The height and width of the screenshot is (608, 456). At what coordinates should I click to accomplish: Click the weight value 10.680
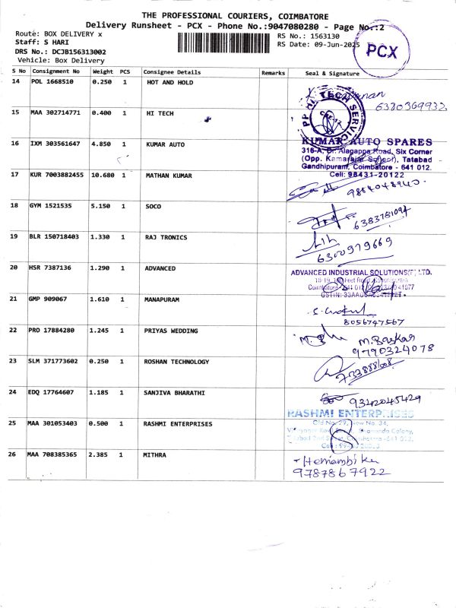click(103, 175)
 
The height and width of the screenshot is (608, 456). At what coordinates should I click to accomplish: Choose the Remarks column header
click(273, 72)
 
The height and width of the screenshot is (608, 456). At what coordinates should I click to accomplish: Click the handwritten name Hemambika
click(328, 461)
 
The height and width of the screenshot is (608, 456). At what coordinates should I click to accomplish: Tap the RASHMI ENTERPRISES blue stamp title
click(350, 413)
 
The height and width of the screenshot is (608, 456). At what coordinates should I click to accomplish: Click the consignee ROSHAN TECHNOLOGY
click(176, 362)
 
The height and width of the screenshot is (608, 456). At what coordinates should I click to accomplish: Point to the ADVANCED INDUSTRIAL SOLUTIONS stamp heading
click(360, 272)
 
